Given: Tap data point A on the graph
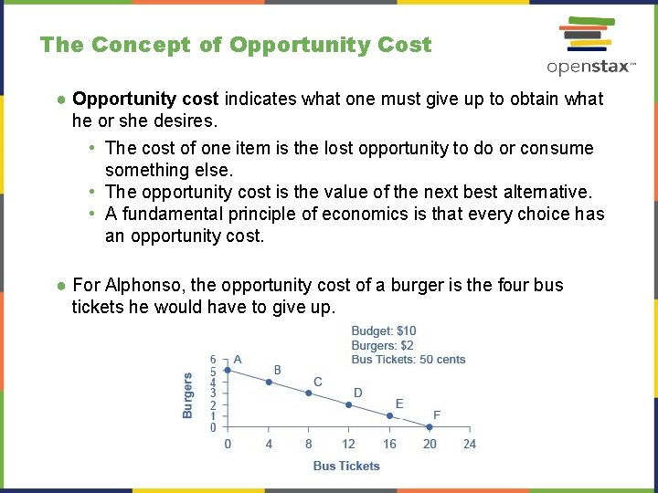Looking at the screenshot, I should [x=228, y=370].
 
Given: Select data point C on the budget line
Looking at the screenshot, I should [x=308, y=393].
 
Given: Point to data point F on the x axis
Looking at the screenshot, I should [x=430, y=427].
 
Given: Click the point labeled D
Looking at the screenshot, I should [x=348, y=404].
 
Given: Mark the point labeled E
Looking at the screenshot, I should [x=389, y=416].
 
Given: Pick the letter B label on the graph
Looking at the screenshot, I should [x=278, y=370].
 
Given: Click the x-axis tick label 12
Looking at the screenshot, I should [x=348, y=444].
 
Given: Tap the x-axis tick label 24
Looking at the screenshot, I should [x=470, y=444].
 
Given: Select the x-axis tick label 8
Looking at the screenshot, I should [x=308, y=444].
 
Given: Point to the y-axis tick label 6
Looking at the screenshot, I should [x=213, y=360].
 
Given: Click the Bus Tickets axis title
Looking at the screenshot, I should [x=346, y=466].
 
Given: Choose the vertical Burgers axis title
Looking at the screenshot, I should [x=188, y=395].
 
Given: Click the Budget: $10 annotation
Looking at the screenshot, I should [x=384, y=331].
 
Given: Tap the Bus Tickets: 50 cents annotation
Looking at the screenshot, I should [x=409, y=359].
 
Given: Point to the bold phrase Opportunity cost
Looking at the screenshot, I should [x=146, y=99].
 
